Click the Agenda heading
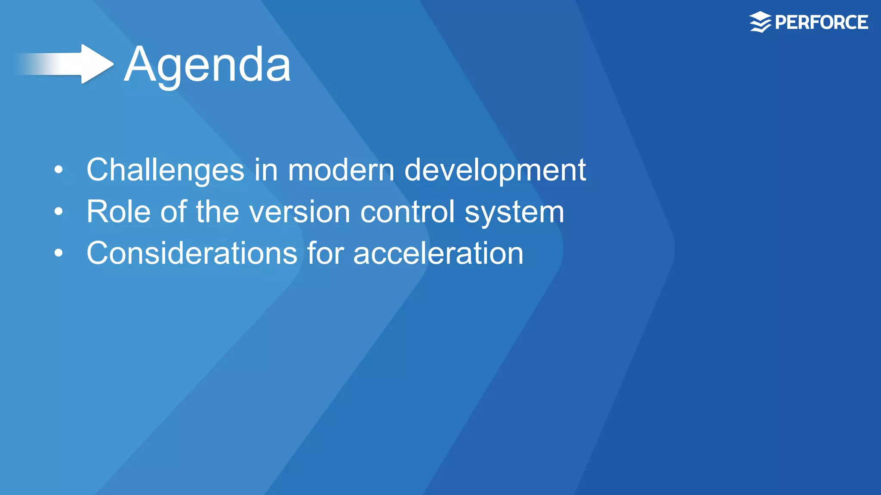click(207, 64)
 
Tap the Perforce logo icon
click(760, 22)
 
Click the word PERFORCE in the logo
click(821, 22)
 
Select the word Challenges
click(165, 170)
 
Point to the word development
click(495, 170)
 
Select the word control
click(407, 212)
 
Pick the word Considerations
click(192, 253)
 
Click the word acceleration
click(438, 253)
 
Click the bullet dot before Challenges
click(59, 170)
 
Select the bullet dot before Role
click(59, 211)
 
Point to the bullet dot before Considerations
click(59, 253)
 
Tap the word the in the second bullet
click(217, 212)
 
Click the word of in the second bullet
click(173, 212)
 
